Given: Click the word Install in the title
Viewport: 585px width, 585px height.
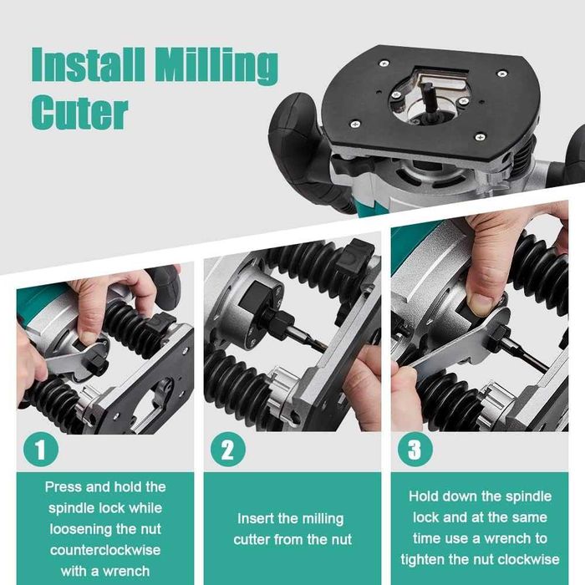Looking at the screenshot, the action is [88, 64].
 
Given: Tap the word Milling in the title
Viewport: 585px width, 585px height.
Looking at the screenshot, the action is [216, 66].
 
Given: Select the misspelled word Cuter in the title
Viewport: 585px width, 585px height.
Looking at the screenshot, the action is [80, 112].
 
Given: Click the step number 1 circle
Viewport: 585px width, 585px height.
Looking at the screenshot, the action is [41, 450].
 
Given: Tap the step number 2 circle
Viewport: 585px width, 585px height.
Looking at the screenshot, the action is [228, 450].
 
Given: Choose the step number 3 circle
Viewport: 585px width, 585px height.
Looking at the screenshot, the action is [415, 450].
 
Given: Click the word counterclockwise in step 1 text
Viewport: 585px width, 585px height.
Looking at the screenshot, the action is [105, 550].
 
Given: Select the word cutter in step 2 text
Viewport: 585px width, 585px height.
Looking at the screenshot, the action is [252, 540].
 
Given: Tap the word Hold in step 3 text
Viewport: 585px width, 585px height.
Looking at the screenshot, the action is [423, 496].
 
